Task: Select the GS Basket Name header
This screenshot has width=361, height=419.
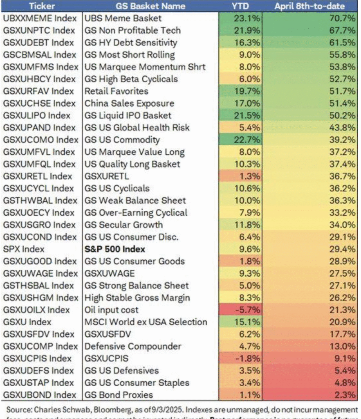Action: click(x=150, y=6)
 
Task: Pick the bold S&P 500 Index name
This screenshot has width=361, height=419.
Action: click(x=115, y=249)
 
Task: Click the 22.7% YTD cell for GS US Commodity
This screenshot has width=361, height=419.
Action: click(x=247, y=140)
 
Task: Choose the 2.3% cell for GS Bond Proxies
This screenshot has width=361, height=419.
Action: click(x=335, y=395)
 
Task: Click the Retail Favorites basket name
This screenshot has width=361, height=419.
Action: click(x=117, y=91)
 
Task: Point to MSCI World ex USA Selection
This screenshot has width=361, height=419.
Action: click(x=146, y=322)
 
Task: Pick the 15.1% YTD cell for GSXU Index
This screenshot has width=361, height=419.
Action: click(x=247, y=322)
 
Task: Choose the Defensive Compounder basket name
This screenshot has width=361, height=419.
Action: click(x=133, y=347)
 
